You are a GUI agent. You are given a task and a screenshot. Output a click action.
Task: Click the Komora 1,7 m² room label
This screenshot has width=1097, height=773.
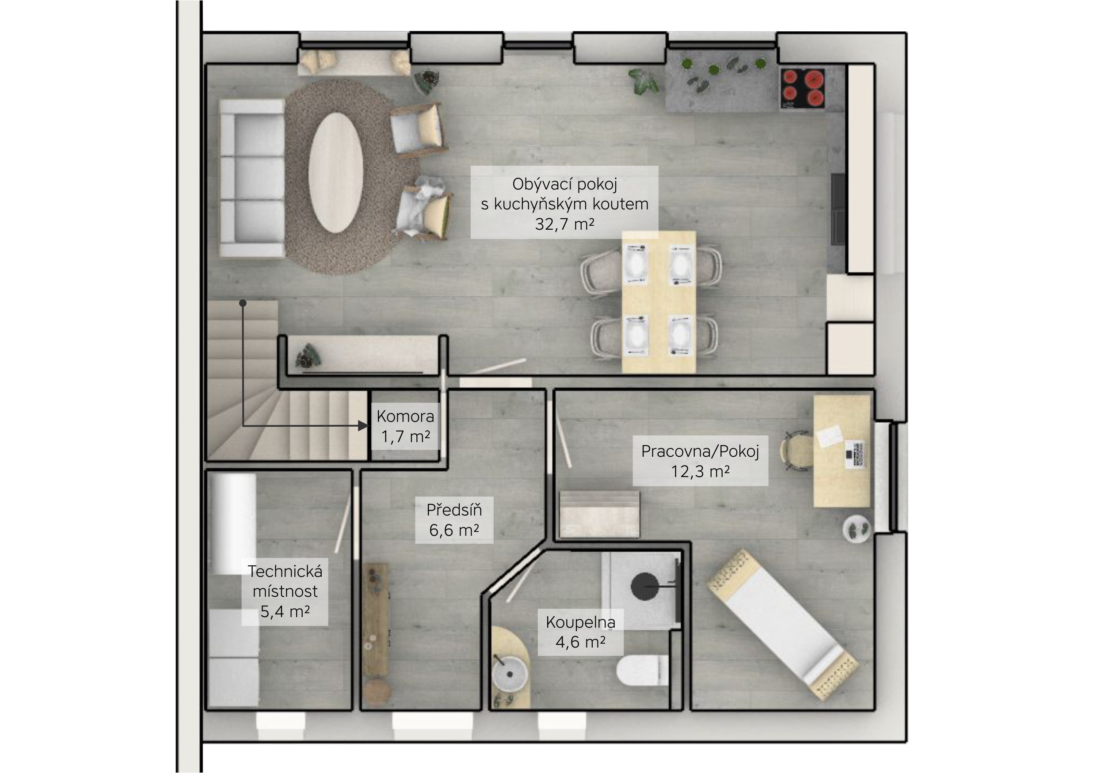point(405,426)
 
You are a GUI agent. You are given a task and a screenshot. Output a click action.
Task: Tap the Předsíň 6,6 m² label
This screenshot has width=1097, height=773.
point(454,520)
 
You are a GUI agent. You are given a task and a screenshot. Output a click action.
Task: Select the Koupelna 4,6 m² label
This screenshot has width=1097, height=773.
point(580,632)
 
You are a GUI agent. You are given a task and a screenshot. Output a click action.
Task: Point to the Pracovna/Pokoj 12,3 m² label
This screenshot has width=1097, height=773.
point(700,461)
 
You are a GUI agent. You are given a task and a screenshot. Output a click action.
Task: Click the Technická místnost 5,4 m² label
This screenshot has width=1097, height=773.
point(285,591)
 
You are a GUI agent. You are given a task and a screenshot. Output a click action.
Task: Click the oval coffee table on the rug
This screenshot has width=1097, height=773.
point(335,172)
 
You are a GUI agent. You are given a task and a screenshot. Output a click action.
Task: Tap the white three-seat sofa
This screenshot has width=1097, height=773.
point(252,178)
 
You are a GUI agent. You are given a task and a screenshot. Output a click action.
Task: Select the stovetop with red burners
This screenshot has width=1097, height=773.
point(803,89)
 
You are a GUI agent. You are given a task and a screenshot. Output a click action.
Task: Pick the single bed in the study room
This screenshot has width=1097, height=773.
point(782,625)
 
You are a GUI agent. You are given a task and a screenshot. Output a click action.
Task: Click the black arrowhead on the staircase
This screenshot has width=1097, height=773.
point(364,426)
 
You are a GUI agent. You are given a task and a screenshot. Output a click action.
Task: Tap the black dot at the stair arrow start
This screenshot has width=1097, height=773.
point(243,303)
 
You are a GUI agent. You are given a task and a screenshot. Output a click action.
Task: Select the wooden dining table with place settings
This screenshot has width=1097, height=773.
point(659,302)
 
